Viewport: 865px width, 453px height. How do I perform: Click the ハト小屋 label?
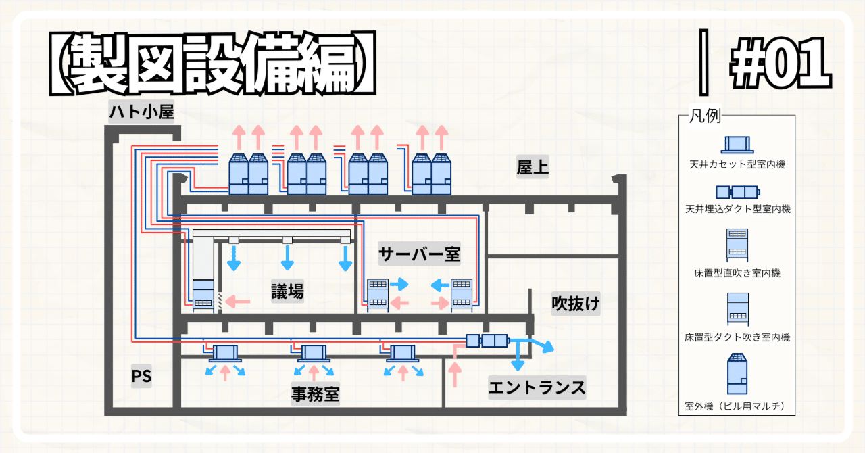coord(141,112)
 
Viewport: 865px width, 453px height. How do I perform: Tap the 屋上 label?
coord(533,167)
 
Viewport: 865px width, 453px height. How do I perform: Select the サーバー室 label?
coord(419,254)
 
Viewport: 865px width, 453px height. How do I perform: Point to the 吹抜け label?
coord(575,304)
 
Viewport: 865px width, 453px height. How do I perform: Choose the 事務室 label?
coord(315,393)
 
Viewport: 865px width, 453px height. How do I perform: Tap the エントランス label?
coord(537,387)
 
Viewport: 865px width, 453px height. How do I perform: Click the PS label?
coord(141,376)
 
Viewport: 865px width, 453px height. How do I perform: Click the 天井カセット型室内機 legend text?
coord(737,164)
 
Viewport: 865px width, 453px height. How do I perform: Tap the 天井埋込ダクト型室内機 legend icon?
coord(737,191)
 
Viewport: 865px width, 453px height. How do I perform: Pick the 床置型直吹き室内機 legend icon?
coord(737,244)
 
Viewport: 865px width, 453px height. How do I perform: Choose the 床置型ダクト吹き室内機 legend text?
coord(737,337)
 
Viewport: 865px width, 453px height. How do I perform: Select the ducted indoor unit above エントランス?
coord(486,341)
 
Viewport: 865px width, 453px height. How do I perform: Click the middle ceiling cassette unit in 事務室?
coord(313,353)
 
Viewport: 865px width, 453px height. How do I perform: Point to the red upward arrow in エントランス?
coord(453,375)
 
